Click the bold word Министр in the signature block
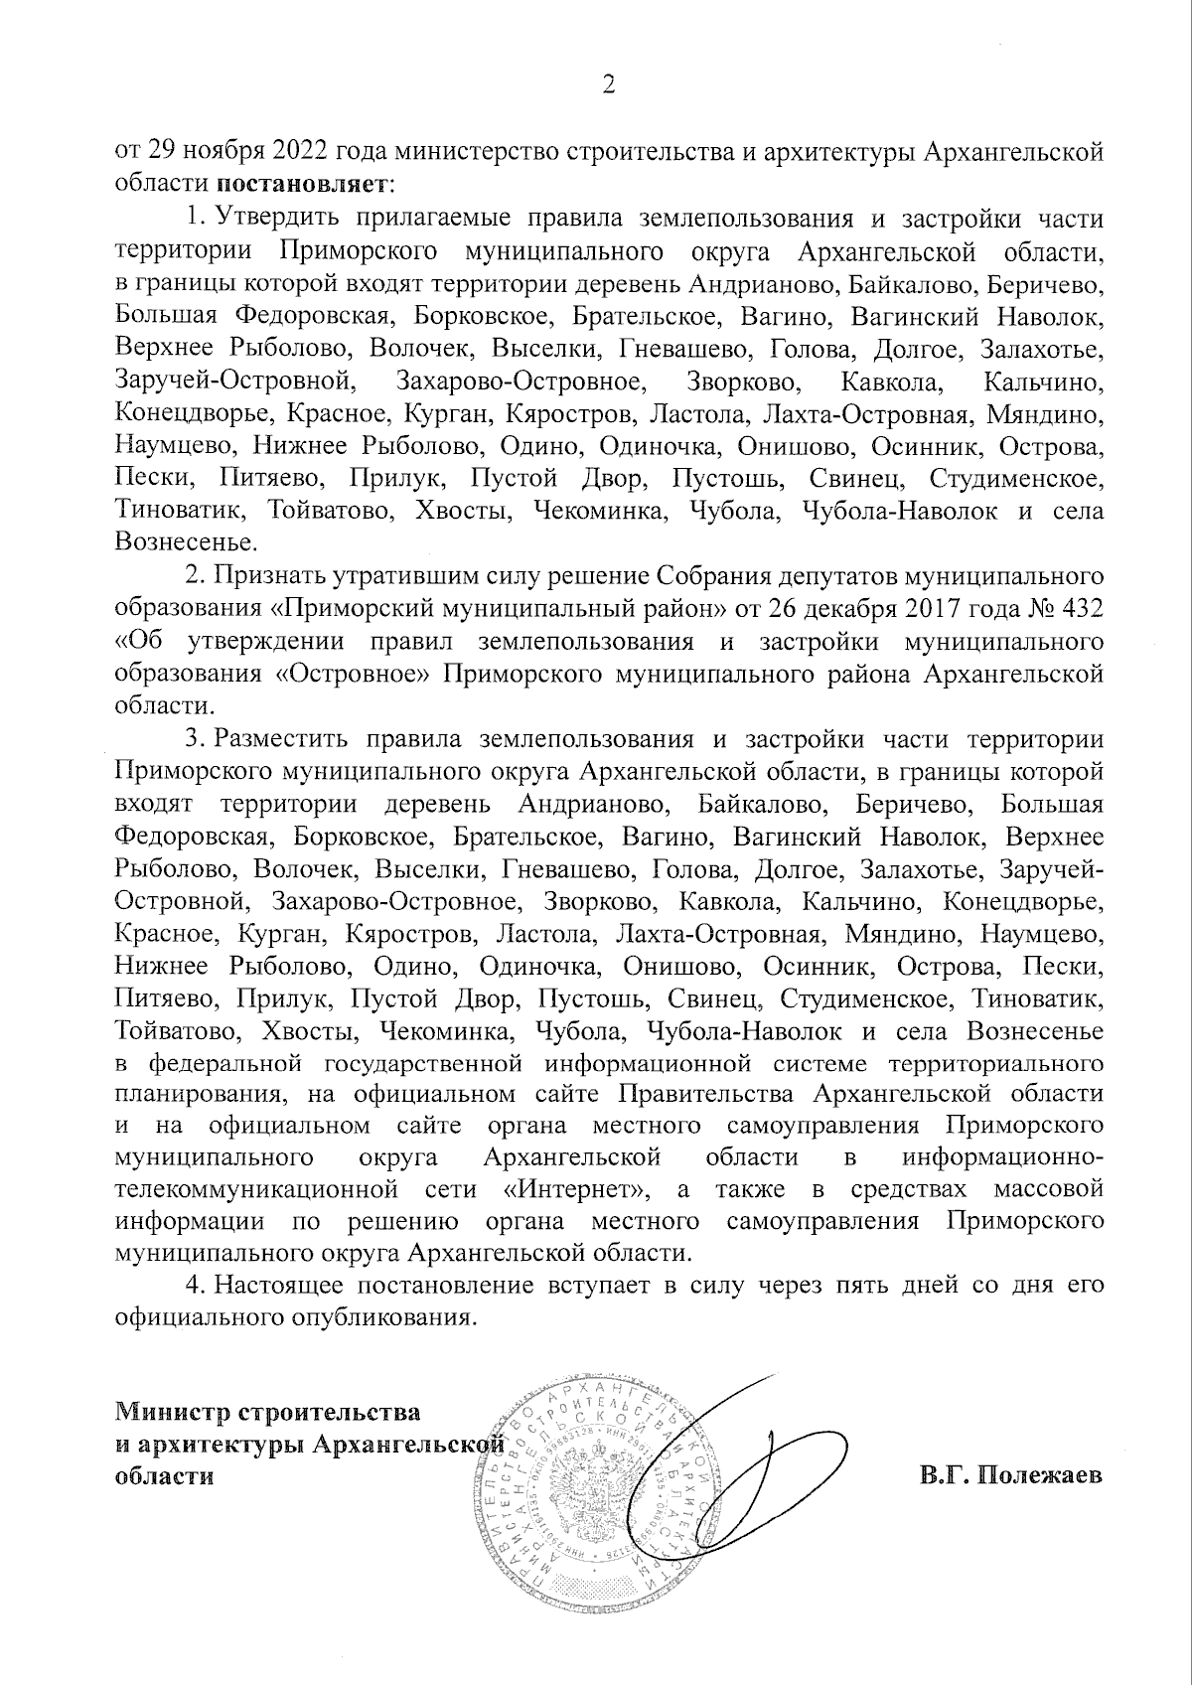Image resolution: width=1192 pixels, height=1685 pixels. click(x=171, y=1411)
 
